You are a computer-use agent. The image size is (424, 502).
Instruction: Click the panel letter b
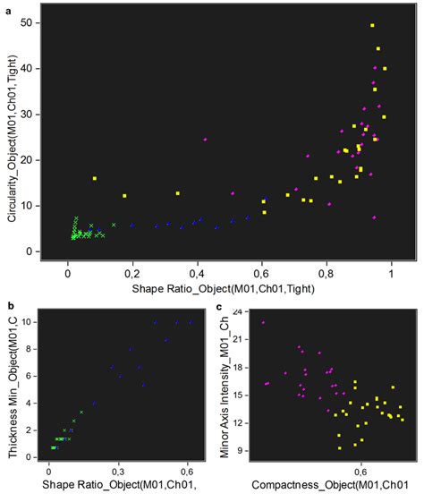click(10, 307)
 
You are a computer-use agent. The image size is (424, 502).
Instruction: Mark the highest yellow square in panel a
click(372, 25)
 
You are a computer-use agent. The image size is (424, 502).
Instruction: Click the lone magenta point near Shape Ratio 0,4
click(206, 140)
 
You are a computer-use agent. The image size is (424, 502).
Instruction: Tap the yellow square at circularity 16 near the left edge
click(95, 179)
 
